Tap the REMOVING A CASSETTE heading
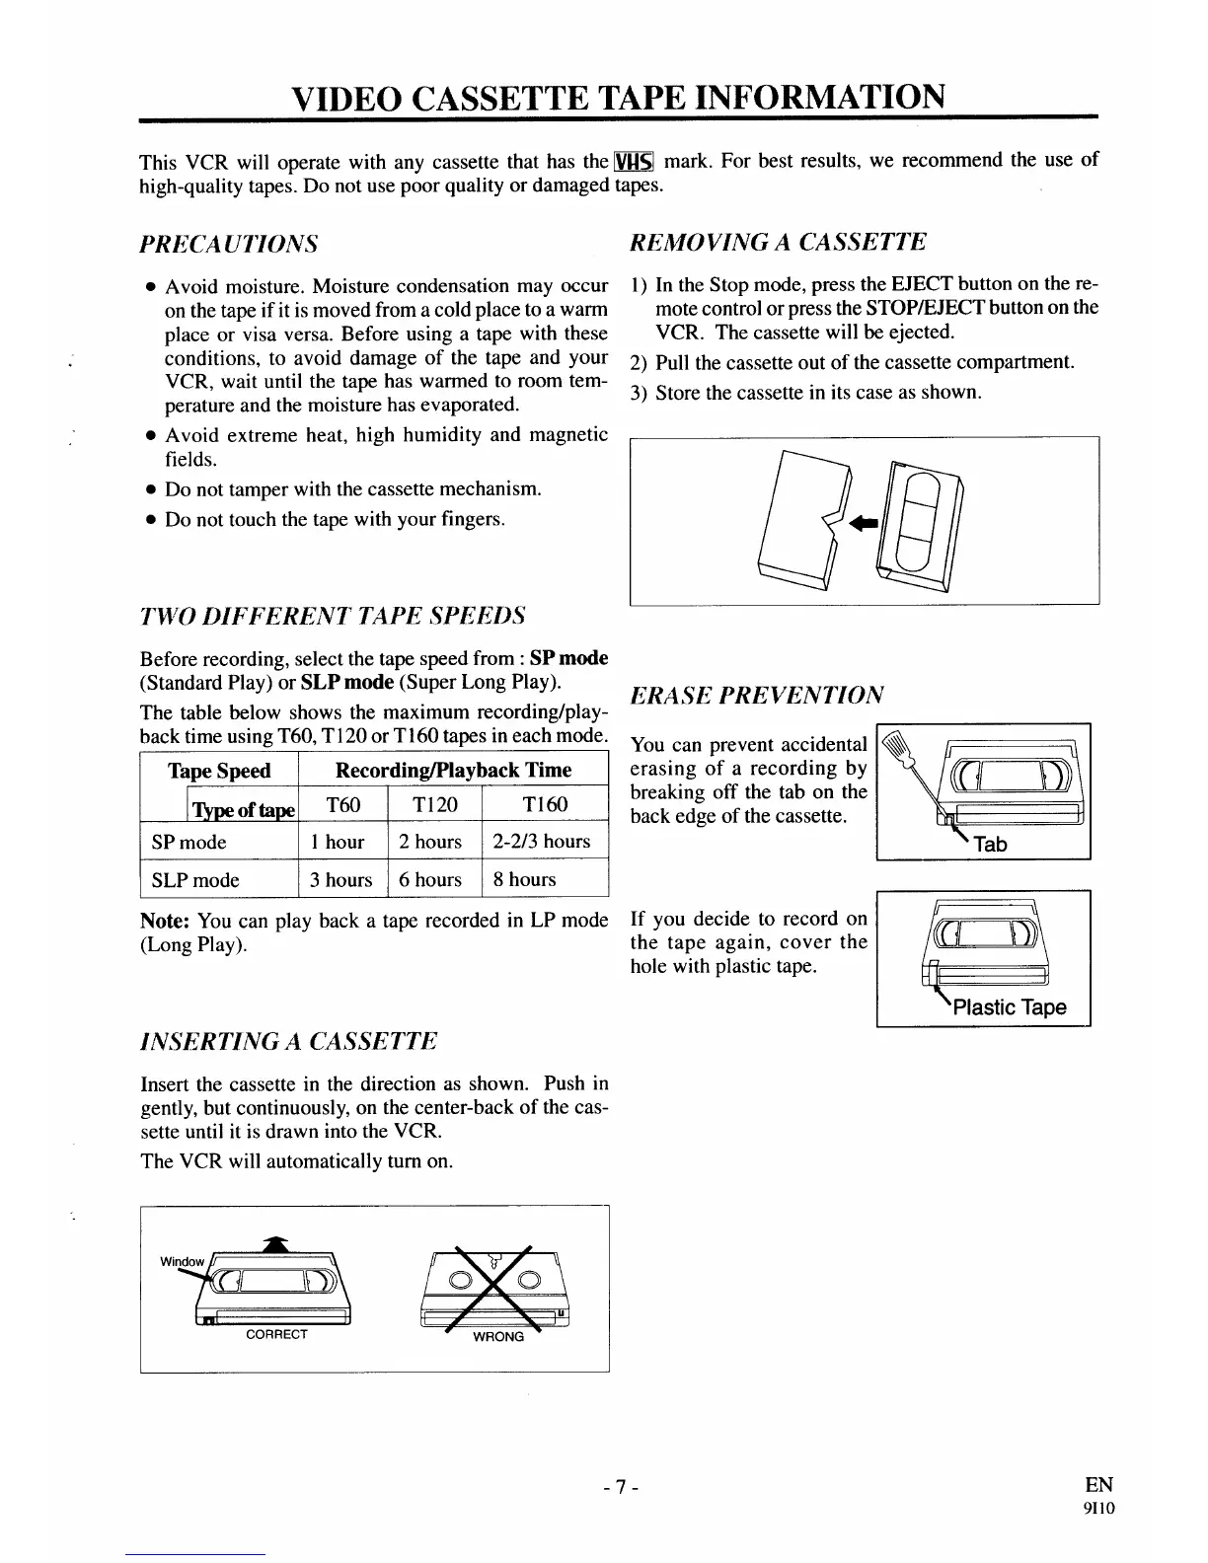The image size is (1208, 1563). (x=779, y=243)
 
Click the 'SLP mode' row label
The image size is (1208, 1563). (x=195, y=880)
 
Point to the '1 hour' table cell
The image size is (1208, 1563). (x=338, y=842)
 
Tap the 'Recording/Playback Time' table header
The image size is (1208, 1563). (x=453, y=771)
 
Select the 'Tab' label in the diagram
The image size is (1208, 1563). (x=990, y=845)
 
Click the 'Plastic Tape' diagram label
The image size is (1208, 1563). (x=1009, y=1007)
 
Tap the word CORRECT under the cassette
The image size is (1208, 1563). (x=276, y=1334)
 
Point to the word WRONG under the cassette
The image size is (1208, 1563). (x=498, y=1337)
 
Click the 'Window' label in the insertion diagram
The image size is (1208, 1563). (x=183, y=1262)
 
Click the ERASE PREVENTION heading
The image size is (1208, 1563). (x=757, y=695)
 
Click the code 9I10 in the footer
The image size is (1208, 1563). (x=1098, y=1508)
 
